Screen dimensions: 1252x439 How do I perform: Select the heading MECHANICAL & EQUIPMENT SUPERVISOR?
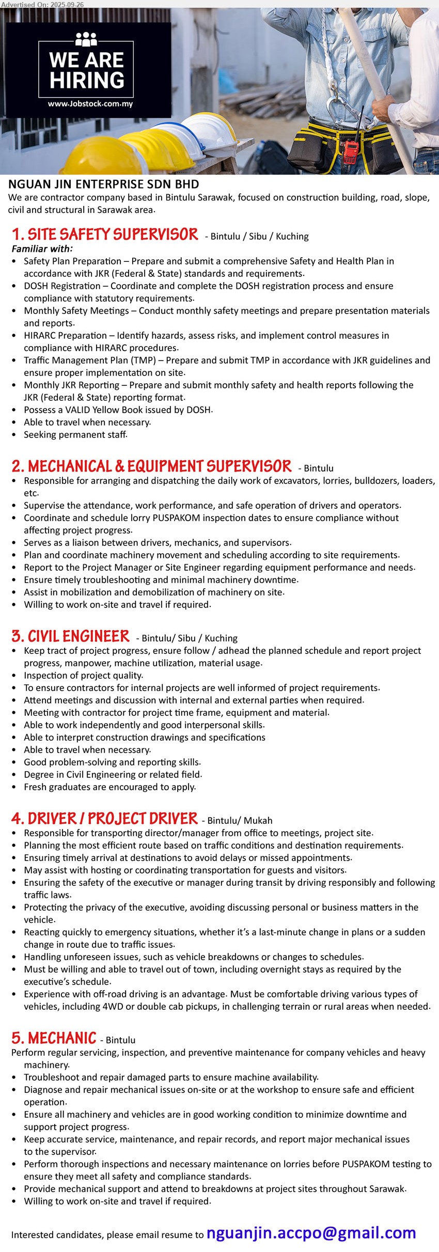(152, 466)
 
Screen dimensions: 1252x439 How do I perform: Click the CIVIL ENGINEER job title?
(71, 636)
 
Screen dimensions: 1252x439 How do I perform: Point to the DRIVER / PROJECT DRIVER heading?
(105, 819)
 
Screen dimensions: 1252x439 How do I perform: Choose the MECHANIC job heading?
(54, 1038)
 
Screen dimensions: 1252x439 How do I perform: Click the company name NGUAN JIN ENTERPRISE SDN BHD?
(103, 184)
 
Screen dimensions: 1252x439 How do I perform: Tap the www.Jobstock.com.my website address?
(90, 104)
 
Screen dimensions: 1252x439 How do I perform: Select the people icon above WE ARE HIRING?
(86, 39)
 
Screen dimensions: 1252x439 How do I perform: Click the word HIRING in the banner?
(87, 81)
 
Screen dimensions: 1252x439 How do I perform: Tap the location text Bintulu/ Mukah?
(240, 820)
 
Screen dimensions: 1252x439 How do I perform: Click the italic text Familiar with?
(42, 248)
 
